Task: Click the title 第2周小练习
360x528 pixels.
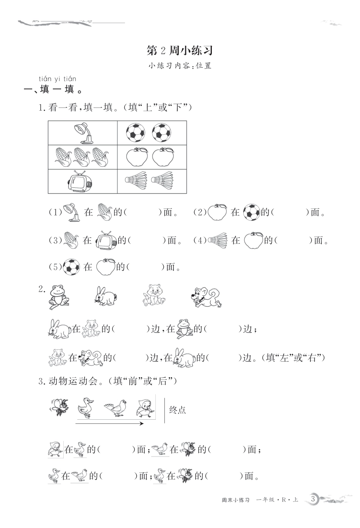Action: [x=180, y=50]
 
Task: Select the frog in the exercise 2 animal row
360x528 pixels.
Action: [x=59, y=295]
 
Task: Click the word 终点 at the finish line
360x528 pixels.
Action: [x=177, y=410]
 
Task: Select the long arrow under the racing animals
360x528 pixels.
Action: [x=110, y=423]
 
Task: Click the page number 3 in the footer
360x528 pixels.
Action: [x=313, y=499]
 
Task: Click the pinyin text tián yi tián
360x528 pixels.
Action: [x=57, y=79]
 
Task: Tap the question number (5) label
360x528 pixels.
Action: [x=55, y=267]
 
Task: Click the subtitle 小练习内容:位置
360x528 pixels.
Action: [x=180, y=66]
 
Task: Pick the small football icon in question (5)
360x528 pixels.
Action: [x=71, y=267]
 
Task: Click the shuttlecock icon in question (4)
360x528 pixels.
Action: [x=218, y=240]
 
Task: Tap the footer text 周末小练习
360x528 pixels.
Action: [x=235, y=500]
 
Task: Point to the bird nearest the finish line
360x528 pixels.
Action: [x=146, y=408]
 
